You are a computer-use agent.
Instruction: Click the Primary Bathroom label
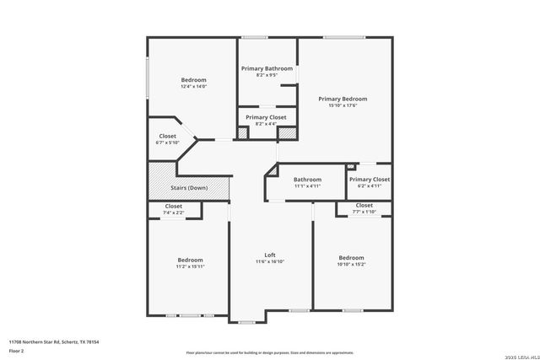tap(267, 68)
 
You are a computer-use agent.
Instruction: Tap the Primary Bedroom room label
tap(343, 99)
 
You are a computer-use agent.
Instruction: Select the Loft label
tap(270, 255)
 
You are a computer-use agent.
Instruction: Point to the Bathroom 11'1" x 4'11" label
tap(307, 180)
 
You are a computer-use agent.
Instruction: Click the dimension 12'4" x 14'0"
tap(193, 87)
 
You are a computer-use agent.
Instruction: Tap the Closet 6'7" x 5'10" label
tap(167, 136)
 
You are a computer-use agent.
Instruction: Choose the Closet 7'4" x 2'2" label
tap(173, 207)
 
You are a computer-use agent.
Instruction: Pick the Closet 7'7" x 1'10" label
tap(364, 205)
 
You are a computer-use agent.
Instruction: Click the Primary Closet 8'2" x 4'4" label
tap(266, 117)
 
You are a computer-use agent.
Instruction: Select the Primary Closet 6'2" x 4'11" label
tap(370, 180)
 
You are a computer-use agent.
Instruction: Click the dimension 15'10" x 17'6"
tap(343, 105)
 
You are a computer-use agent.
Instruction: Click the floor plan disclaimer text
tap(269, 352)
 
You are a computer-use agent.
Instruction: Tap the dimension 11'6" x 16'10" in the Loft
tap(270, 261)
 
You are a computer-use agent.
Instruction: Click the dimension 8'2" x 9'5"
tap(267, 75)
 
